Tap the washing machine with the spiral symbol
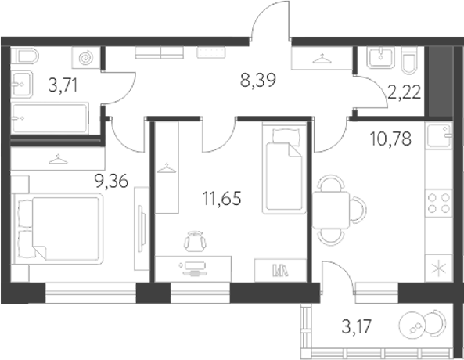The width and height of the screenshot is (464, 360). (86, 58)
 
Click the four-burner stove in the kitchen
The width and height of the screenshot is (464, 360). (438, 203)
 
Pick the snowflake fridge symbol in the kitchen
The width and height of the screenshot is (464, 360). (438, 268)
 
